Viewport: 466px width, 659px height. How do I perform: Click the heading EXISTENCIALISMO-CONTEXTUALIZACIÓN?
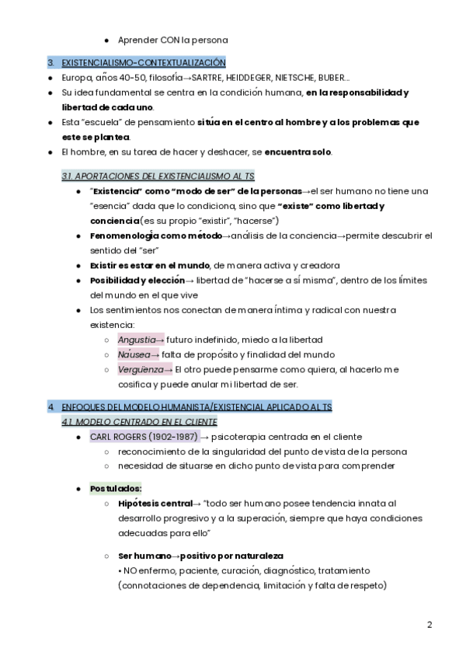point(144,63)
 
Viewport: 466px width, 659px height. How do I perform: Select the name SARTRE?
point(211,78)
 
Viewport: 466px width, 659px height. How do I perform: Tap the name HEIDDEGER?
point(262,78)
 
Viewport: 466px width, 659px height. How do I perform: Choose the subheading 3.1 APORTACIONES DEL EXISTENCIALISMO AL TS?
point(158,176)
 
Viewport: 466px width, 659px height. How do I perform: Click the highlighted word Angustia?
point(137,340)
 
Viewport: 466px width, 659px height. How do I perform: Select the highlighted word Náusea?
point(134,354)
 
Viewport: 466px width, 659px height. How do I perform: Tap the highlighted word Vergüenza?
point(141,369)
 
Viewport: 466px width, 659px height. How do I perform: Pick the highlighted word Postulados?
point(115,488)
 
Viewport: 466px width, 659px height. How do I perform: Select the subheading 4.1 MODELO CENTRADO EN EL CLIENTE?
point(139,421)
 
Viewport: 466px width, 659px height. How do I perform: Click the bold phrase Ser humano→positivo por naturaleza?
point(200,556)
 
